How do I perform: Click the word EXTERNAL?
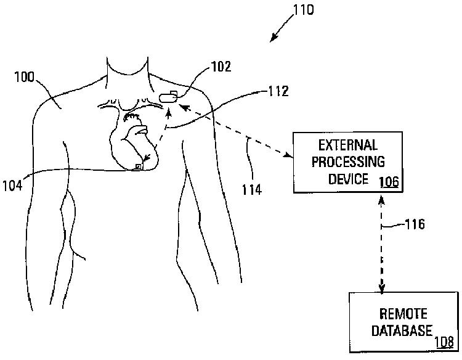[348, 145]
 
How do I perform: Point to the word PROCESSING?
[348, 162]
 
